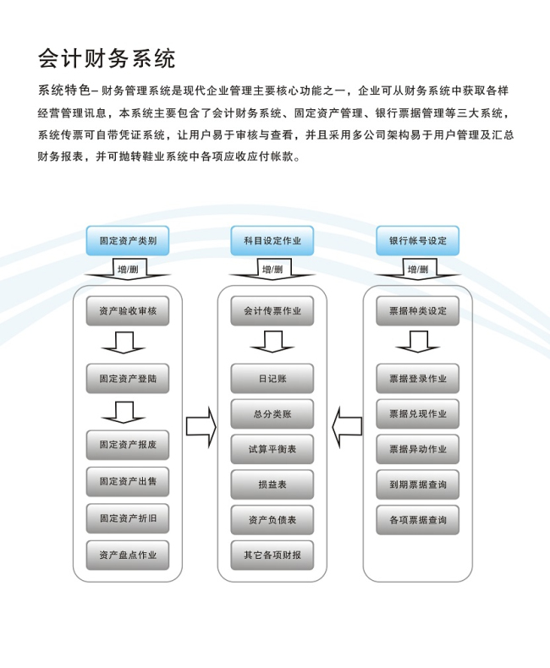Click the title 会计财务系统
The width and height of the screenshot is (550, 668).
pos(107,58)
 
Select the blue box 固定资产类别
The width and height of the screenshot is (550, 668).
pos(128,241)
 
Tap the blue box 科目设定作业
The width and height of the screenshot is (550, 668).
pos(272,241)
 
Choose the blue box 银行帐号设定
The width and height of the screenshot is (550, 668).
pos(417,241)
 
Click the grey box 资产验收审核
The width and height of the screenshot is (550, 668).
pos(128,311)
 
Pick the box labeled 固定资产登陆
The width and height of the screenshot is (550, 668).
pos(128,378)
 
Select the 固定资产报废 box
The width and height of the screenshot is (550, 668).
pos(128,445)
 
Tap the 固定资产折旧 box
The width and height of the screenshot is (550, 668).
pos(128,518)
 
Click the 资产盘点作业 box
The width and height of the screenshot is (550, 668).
pos(128,555)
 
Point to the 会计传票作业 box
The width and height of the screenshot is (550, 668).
pos(272,311)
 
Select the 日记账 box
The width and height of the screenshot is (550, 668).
pos(272,378)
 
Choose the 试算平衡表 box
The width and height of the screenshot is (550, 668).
pos(272,449)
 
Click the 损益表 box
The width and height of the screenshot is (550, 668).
pos(272,485)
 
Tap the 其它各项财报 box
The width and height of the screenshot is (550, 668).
pos(272,555)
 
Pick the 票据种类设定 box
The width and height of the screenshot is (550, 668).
pos(417,311)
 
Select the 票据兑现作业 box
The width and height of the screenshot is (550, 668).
pos(417,413)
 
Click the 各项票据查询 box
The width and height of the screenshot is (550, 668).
pos(417,520)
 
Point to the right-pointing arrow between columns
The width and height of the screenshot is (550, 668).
pos(201,427)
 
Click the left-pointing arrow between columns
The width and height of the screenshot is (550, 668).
pos(347,427)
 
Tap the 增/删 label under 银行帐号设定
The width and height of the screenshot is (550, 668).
pos(418,269)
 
